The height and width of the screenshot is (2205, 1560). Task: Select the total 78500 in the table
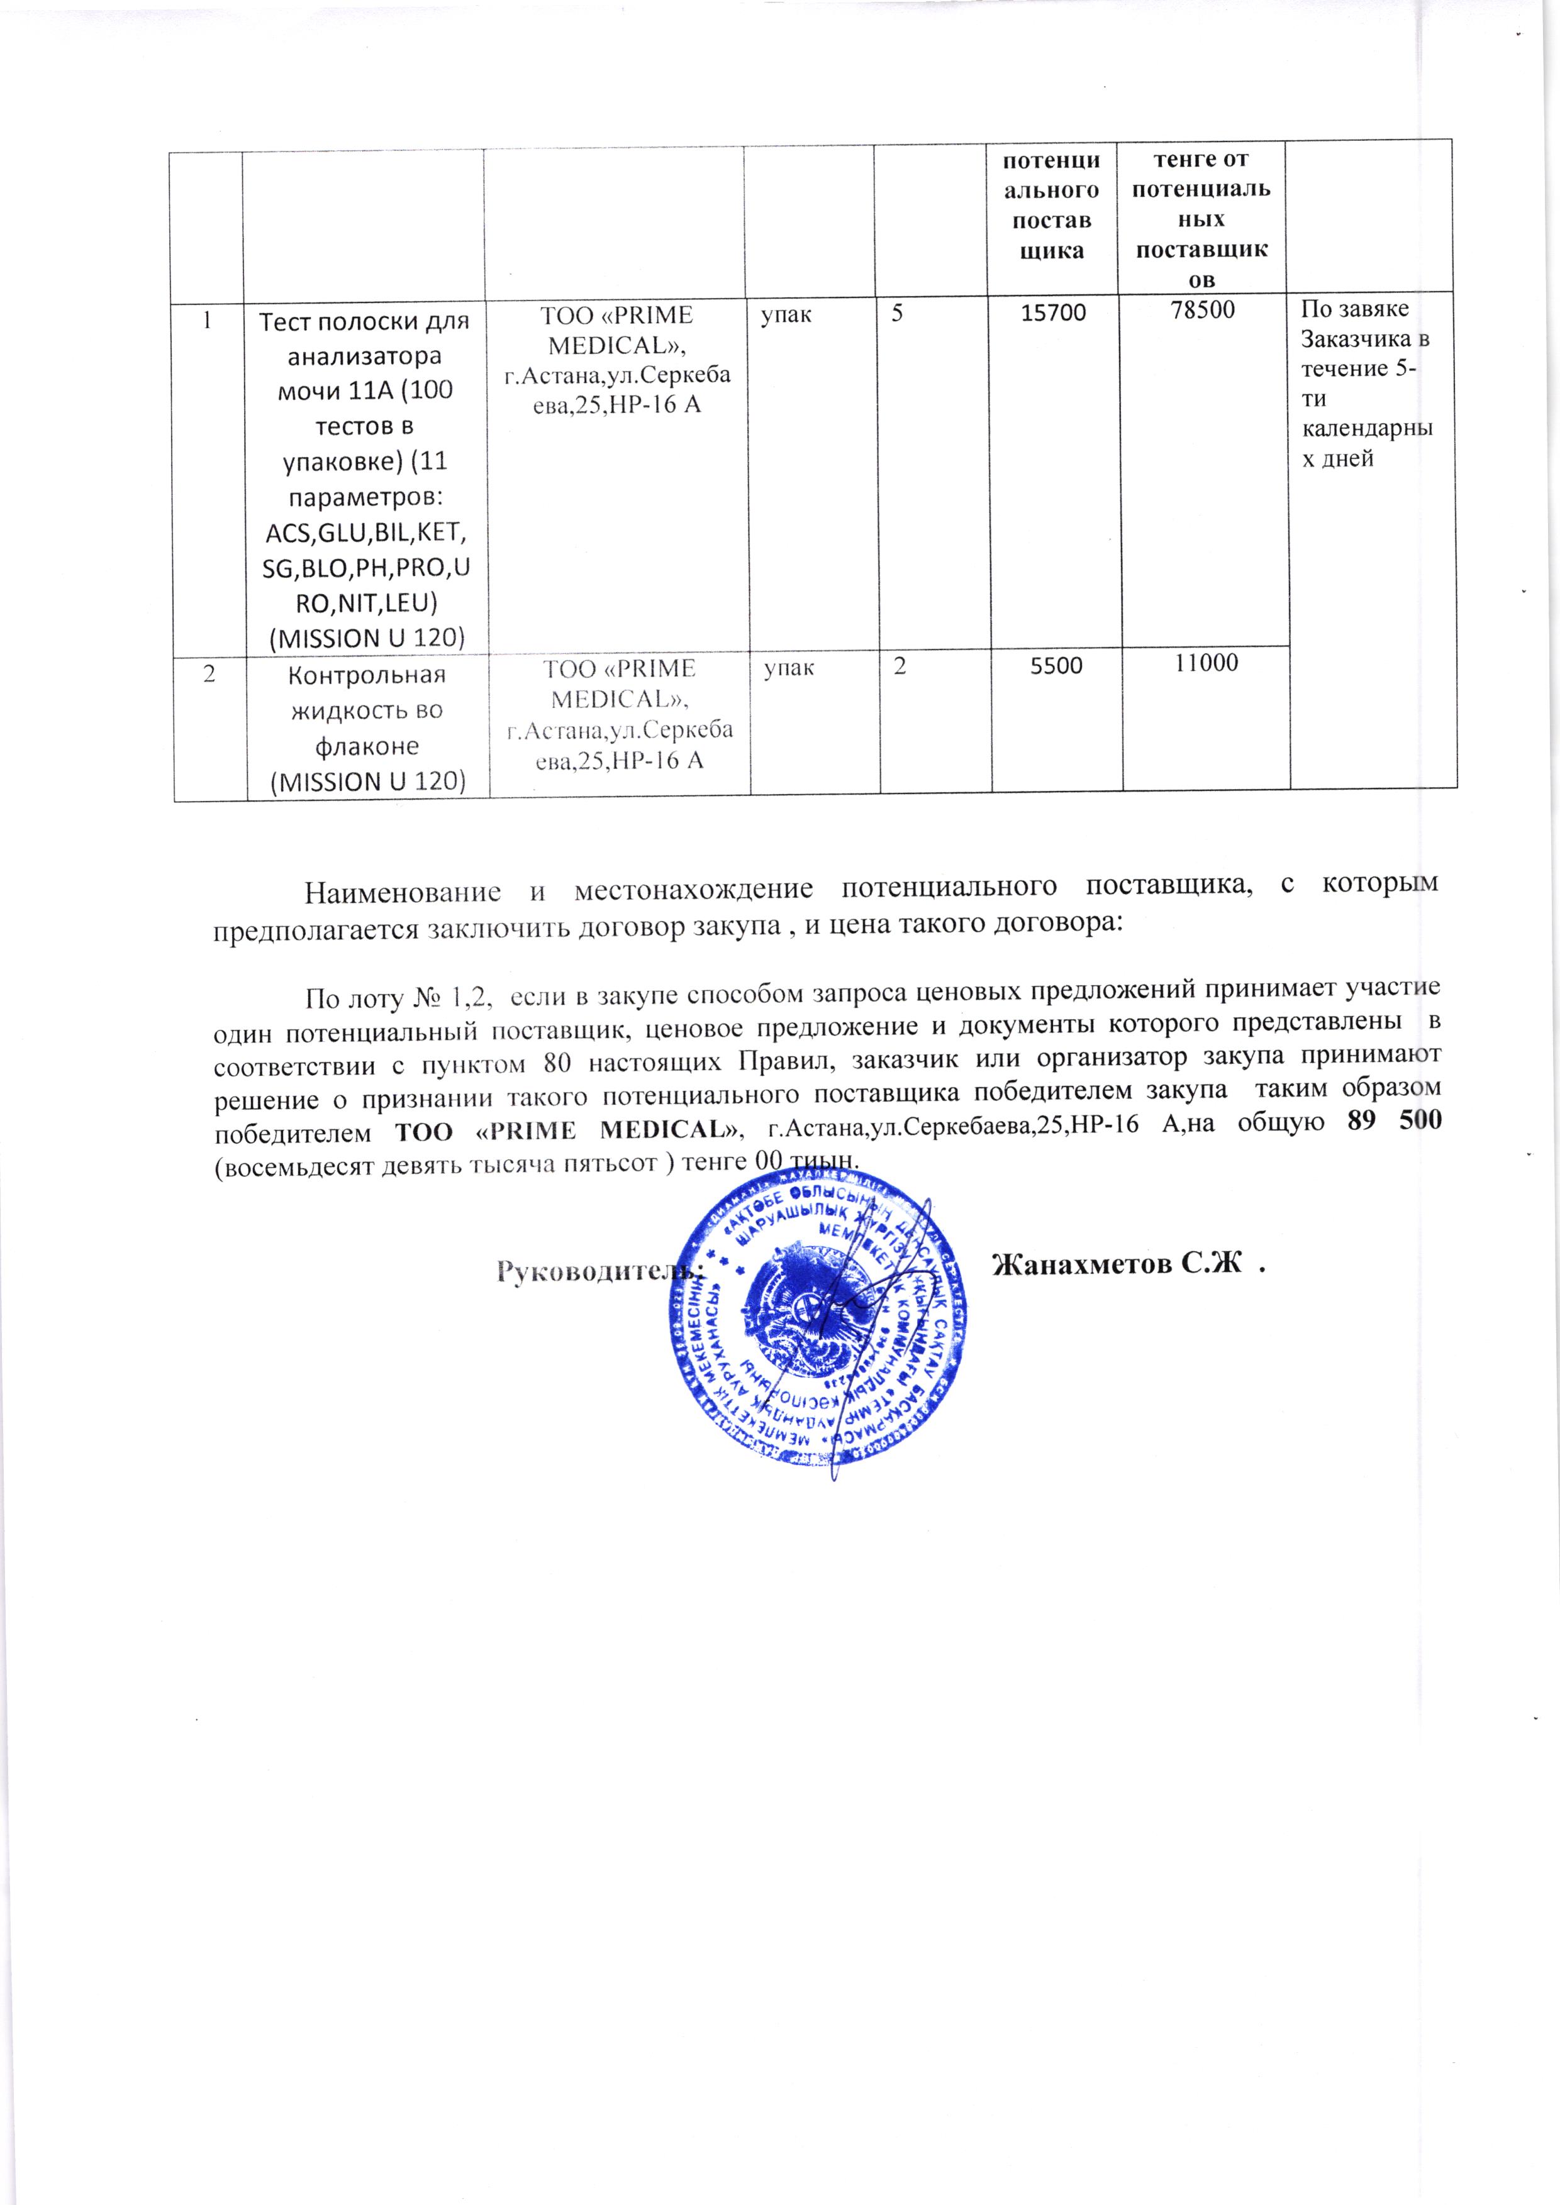[x=1201, y=309]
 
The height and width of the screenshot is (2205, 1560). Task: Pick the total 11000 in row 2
[x=1206, y=663]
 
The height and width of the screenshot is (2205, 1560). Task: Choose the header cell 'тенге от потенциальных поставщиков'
[x=1201, y=218]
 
